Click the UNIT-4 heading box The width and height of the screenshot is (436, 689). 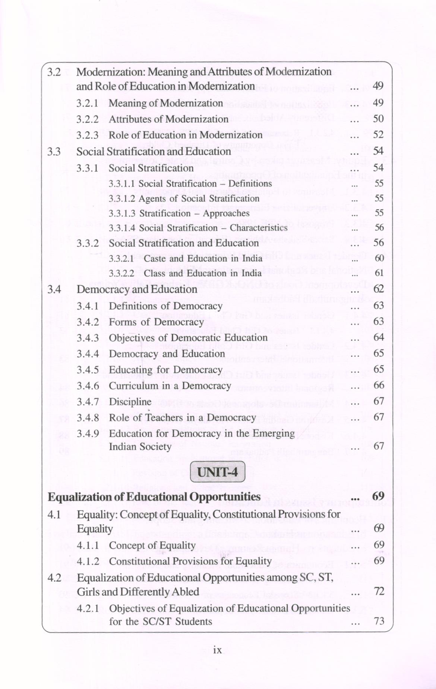coord(218,472)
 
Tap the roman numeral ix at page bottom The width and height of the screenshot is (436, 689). coord(217,650)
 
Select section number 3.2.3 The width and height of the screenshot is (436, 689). coord(88,135)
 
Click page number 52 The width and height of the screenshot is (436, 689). coord(378,135)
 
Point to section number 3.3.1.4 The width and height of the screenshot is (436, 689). coord(122,228)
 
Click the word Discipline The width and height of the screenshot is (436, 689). coord(130,402)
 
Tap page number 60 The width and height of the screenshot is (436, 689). coord(379,258)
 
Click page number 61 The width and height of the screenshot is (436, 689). coord(379,273)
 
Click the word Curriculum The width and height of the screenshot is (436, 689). coord(133,386)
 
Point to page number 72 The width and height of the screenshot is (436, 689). coord(379,591)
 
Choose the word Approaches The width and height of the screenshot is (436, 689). coord(226,214)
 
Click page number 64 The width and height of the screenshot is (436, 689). coord(379,337)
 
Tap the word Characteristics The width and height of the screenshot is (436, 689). coord(259,228)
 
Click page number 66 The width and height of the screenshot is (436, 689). coord(379,385)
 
